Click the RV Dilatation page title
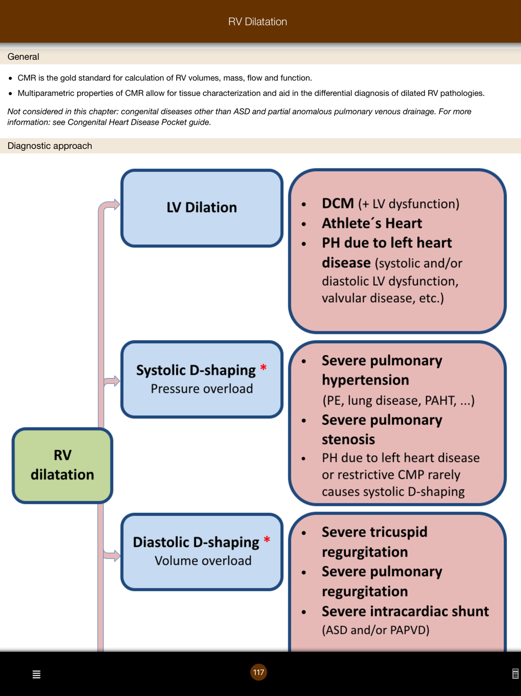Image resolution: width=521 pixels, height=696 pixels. (257, 22)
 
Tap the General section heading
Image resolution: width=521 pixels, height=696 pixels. (23, 57)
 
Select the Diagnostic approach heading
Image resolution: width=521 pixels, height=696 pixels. (49, 146)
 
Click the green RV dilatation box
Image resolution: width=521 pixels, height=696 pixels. (63, 465)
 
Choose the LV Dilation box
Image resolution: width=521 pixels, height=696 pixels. (202, 208)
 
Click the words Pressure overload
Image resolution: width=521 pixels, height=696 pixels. (202, 389)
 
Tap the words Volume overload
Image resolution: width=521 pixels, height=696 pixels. (203, 561)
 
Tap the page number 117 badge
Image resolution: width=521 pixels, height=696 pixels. (258, 673)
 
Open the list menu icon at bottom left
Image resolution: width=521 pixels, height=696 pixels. (36, 675)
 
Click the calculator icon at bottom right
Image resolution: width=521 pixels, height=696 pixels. (515, 674)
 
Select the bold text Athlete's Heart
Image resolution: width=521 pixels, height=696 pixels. (371, 223)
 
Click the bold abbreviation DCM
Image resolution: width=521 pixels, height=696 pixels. (338, 203)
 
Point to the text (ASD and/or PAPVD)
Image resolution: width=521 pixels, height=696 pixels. (376, 630)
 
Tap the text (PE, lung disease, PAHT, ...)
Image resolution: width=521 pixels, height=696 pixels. (398, 401)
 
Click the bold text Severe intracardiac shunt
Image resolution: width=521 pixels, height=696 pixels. (405, 611)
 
